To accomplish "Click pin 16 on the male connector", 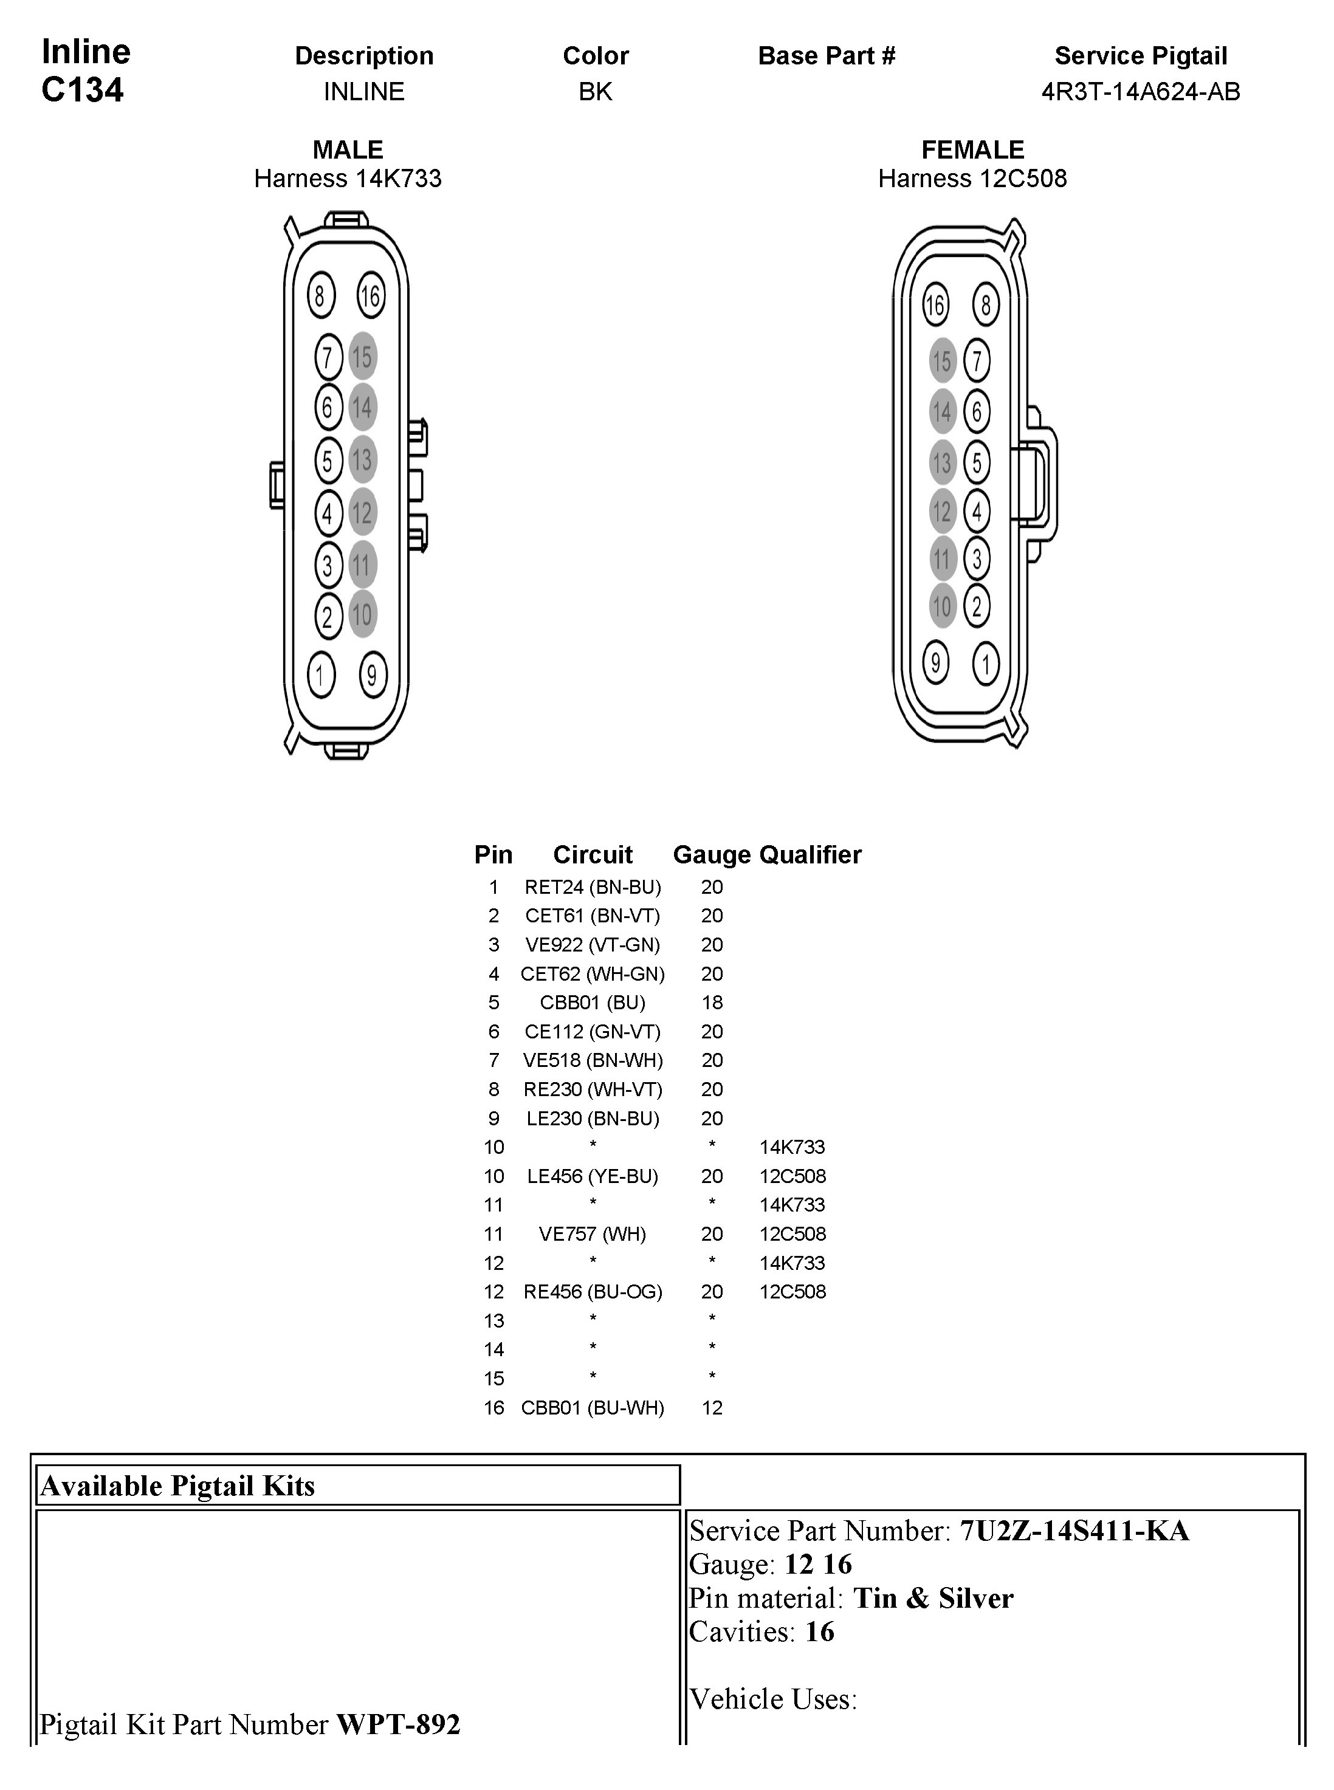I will (x=371, y=297).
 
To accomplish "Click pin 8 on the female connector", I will (x=985, y=305).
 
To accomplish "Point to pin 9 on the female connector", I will (x=936, y=663).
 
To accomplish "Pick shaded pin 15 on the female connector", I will (x=941, y=361).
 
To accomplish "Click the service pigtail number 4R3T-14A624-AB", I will (x=1140, y=92).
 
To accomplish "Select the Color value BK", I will (x=595, y=92).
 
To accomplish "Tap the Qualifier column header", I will (x=811, y=854).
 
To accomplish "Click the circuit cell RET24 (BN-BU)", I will (x=593, y=887).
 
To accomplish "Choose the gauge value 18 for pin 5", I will (x=712, y=1003).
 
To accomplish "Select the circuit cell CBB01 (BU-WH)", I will (x=593, y=1408).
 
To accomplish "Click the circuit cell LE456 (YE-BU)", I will (x=593, y=1176).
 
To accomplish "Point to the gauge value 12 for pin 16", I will (x=712, y=1408).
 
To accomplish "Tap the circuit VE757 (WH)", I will (x=593, y=1233).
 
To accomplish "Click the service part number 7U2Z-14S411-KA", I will (x=1074, y=1531).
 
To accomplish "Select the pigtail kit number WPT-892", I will (x=398, y=1724).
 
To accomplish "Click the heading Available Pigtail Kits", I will (x=177, y=1486).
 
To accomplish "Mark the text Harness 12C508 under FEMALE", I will (x=972, y=179).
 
